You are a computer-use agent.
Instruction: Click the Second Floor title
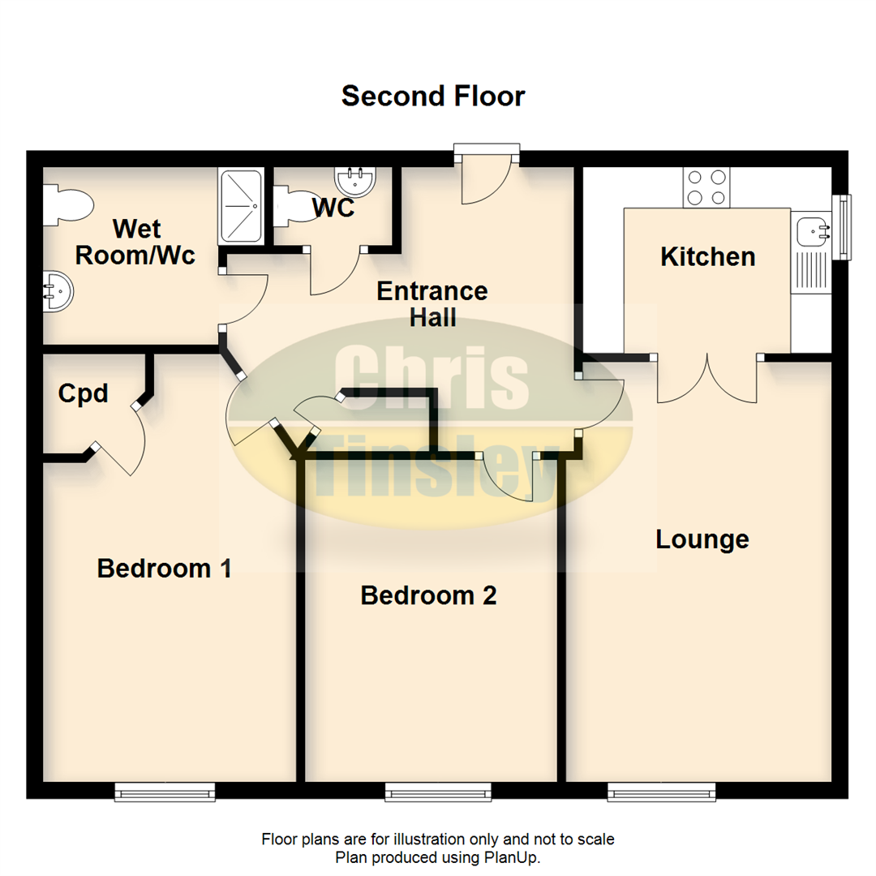(433, 96)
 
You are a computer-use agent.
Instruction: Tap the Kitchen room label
(708, 257)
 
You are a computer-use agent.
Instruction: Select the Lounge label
(702, 539)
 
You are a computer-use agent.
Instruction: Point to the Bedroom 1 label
(164, 569)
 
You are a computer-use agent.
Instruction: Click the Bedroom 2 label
(428, 595)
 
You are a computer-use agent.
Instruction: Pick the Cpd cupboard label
(83, 394)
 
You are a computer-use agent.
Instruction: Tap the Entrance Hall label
(432, 304)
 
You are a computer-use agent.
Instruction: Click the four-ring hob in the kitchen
(706, 187)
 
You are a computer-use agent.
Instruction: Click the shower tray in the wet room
(242, 206)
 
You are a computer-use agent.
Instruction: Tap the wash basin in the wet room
(58, 291)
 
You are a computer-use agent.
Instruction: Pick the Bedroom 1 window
(165, 792)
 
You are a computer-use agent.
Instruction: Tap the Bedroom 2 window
(438, 792)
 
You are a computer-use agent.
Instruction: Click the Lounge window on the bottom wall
(662, 792)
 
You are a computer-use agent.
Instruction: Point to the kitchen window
(841, 227)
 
